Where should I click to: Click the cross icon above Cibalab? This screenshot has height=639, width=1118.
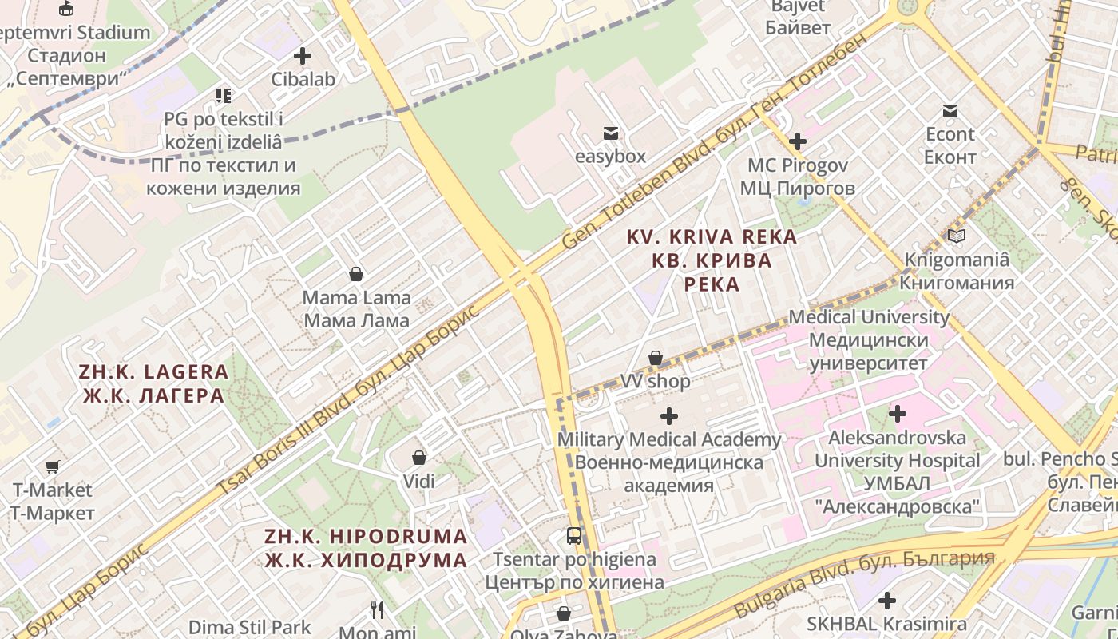click(x=303, y=57)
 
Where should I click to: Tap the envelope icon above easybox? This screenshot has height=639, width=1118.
click(x=611, y=133)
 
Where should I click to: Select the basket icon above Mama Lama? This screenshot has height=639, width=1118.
click(x=356, y=275)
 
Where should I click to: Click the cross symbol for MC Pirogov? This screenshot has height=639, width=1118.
click(x=797, y=142)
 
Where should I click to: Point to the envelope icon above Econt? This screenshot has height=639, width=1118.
click(x=950, y=111)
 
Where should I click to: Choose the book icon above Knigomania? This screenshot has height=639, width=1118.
click(x=957, y=236)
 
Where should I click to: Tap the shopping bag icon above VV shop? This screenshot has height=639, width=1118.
click(x=656, y=359)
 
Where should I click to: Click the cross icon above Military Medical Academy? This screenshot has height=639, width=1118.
click(x=669, y=416)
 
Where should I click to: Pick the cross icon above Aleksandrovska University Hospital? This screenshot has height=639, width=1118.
click(x=898, y=414)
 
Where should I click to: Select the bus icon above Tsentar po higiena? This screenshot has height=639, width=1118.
click(x=574, y=536)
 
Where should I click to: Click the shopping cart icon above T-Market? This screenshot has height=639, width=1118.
click(x=53, y=466)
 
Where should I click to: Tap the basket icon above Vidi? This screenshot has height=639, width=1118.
click(x=418, y=458)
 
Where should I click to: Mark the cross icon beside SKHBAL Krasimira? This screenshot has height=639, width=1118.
click(x=886, y=601)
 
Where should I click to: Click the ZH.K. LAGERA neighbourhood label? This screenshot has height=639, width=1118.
click(x=153, y=383)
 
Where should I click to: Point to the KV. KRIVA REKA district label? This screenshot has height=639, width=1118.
click(x=712, y=260)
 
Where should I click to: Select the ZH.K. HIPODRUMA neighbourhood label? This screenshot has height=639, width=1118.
click(x=366, y=547)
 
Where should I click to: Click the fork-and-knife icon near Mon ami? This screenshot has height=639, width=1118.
click(x=377, y=611)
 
